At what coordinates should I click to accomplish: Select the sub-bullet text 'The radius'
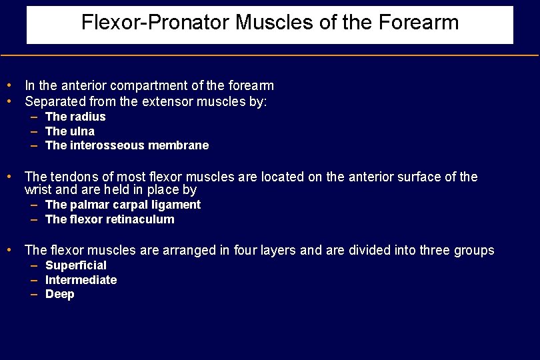point(75,117)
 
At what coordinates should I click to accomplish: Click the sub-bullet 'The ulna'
point(70,131)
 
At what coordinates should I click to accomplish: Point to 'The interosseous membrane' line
point(127,145)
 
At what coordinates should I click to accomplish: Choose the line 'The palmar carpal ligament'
point(123,205)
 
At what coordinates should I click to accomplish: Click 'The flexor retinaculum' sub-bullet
point(109,219)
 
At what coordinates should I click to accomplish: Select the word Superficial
point(76,265)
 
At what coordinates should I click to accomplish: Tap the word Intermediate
point(81,280)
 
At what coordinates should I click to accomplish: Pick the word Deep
point(60,294)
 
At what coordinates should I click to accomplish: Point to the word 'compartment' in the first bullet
point(147,86)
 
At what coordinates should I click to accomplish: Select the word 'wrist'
point(39,190)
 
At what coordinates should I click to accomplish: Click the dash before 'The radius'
point(34,117)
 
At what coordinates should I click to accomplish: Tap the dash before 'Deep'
point(34,294)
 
